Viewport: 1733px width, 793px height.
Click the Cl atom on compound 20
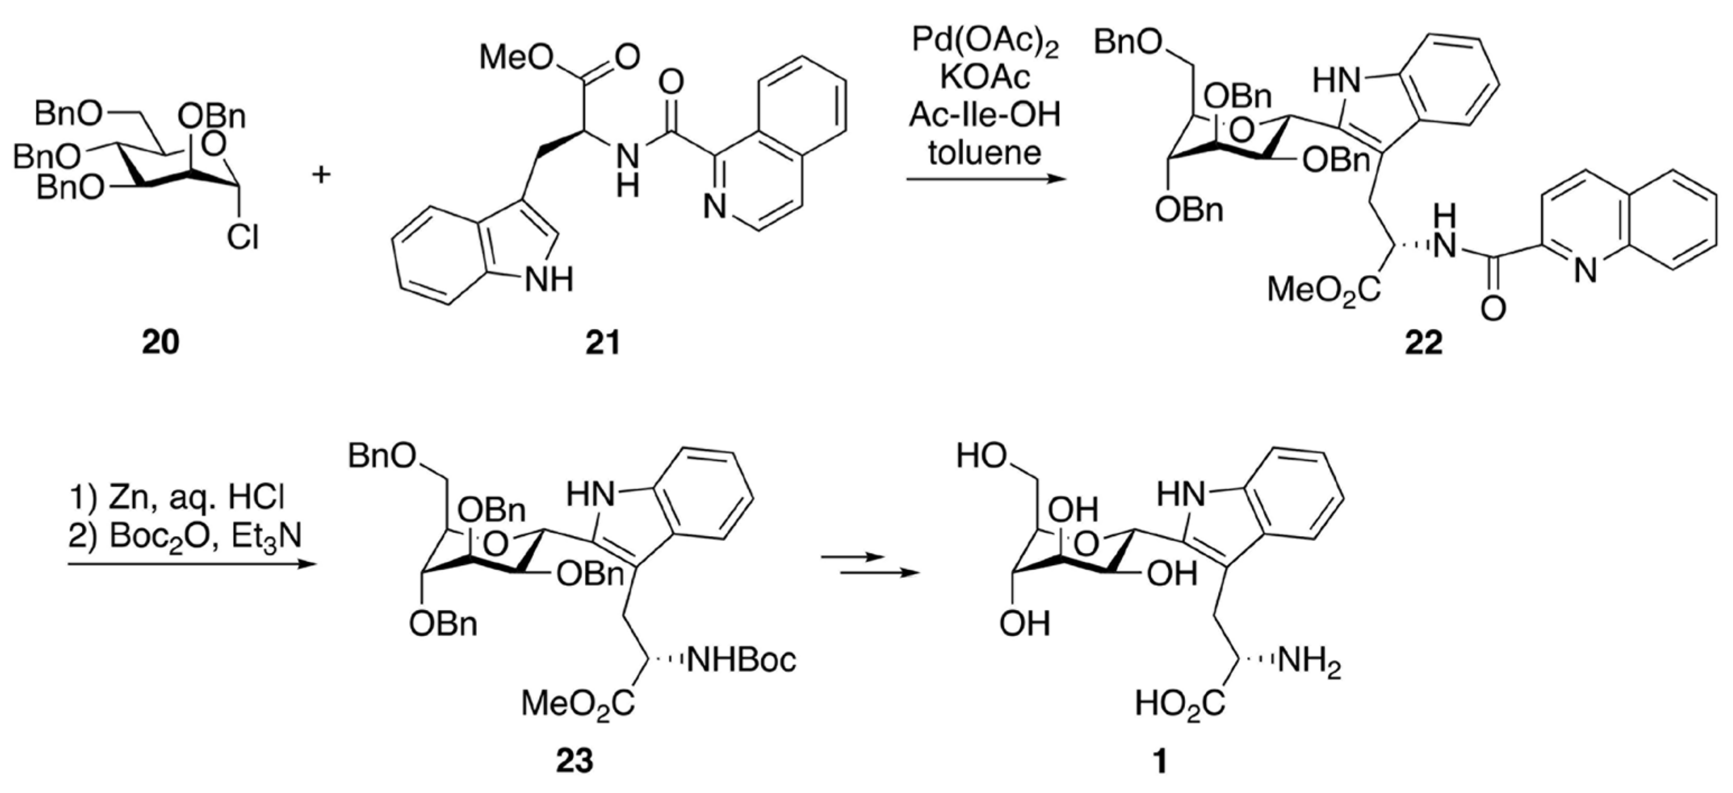click(x=241, y=237)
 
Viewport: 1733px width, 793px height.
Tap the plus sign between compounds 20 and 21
click(x=322, y=175)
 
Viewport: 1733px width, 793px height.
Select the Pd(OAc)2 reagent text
click(x=985, y=41)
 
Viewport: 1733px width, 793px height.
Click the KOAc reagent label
click(x=985, y=78)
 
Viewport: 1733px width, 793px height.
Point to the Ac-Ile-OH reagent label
click(x=985, y=115)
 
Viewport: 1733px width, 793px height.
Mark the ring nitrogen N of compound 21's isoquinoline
click(x=714, y=207)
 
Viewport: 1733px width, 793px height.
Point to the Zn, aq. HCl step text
click(x=178, y=498)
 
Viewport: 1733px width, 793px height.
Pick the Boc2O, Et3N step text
click(x=185, y=537)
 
